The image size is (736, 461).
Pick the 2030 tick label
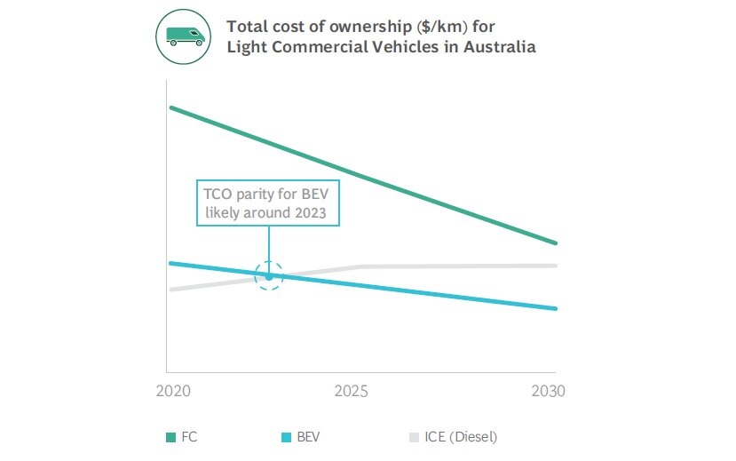pos(549,392)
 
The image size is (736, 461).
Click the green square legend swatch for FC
pos(171,437)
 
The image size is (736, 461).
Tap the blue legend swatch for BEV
pos(286,437)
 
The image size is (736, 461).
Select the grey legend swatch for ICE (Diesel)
pos(414,437)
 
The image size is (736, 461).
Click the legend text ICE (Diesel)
pos(462,437)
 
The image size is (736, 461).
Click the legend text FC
pos(189,437)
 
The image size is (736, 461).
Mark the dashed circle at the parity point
pos(268,276)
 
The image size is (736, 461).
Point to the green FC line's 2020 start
pos(170,108)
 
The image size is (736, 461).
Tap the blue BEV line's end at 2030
pos(555,308)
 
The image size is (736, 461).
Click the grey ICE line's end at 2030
pos(555,266)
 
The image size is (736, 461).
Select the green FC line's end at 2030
pos(555,242)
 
